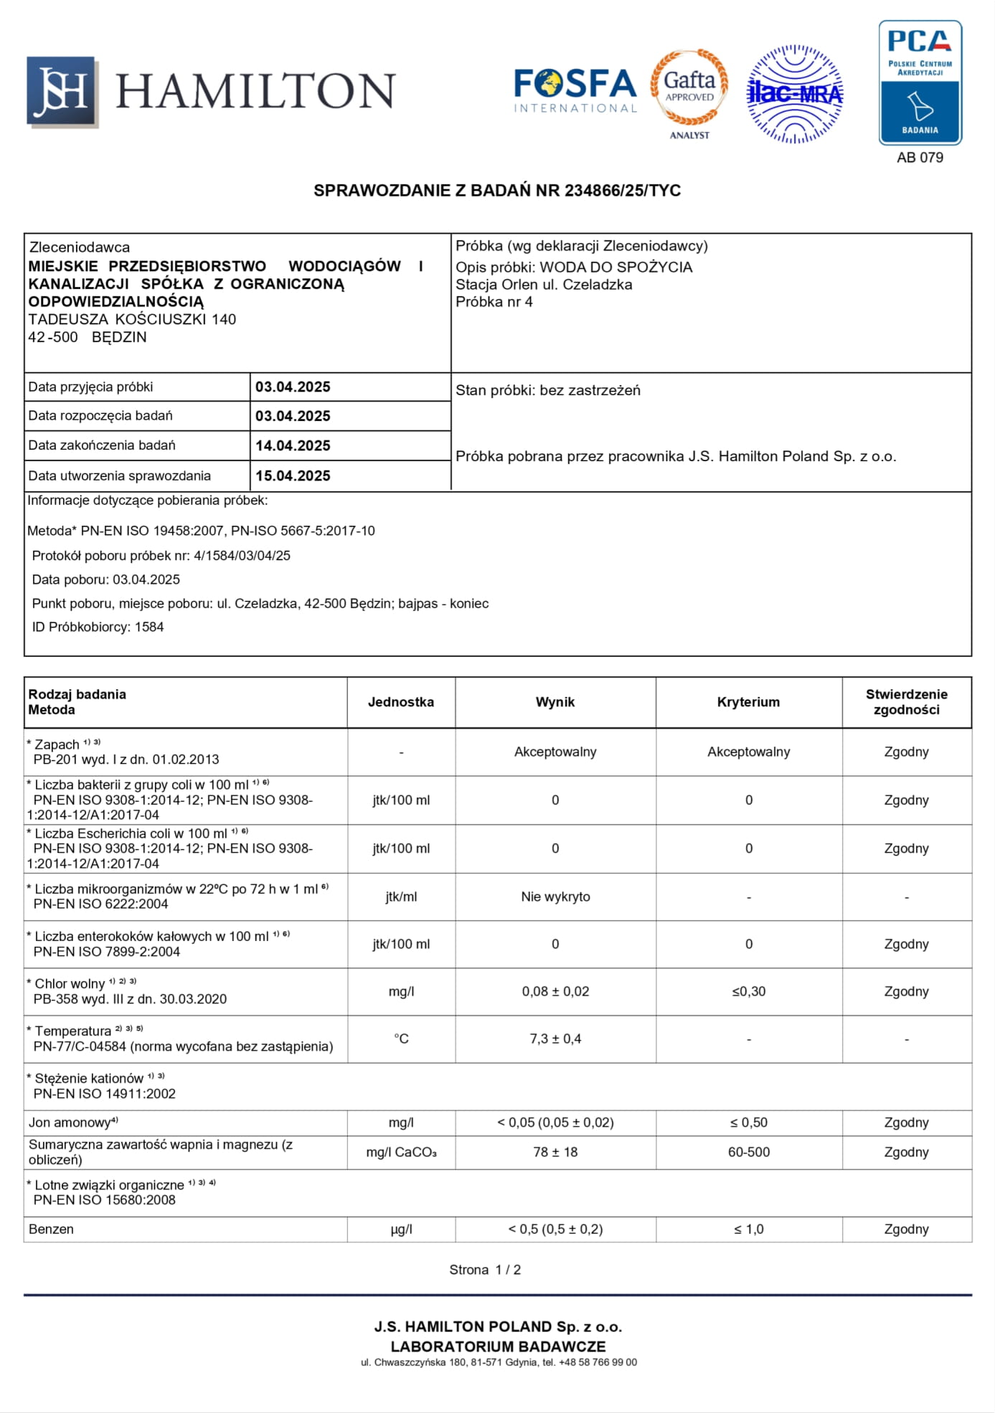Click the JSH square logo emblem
62,91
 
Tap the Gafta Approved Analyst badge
689,93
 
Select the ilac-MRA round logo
795,94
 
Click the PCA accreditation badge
920,82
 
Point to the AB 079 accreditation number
920,158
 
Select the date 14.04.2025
293,445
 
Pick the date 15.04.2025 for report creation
293,476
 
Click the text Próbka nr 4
494,302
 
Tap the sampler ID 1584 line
98,627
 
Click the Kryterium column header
748,702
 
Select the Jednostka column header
401,702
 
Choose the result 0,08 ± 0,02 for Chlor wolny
555,991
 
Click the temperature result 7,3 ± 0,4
555,1039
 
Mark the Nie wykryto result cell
555,897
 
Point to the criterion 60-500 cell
748,1152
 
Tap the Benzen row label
51,1229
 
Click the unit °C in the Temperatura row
401,1039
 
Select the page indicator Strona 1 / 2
485,1270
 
